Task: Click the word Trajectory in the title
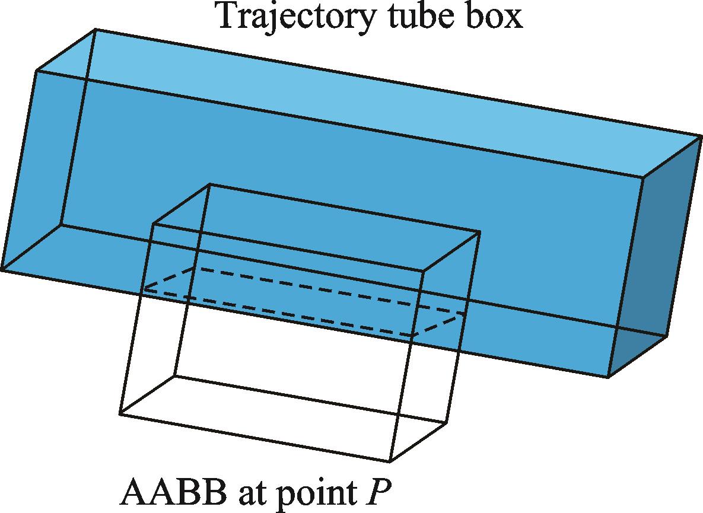coord(295,17)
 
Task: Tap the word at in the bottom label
coord(250,493)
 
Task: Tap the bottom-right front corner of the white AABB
coord(390,461)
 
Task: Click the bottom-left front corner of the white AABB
coord(120,414)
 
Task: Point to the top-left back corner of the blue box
coord(94,29)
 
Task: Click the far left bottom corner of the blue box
coord(2,270)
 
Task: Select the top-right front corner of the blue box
coord(644,177)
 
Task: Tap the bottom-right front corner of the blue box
coord(609,377)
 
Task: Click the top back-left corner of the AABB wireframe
coord(209,184)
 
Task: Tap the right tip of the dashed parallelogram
coord(464,314)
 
